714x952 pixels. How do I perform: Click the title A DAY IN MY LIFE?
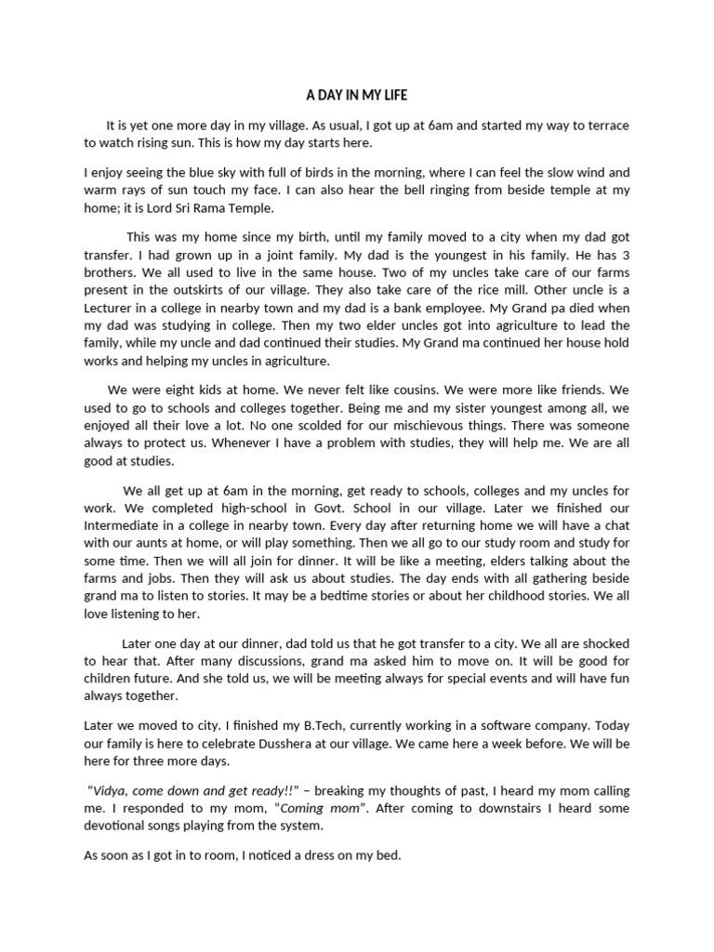pyautogui.click(x=357, y=95)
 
